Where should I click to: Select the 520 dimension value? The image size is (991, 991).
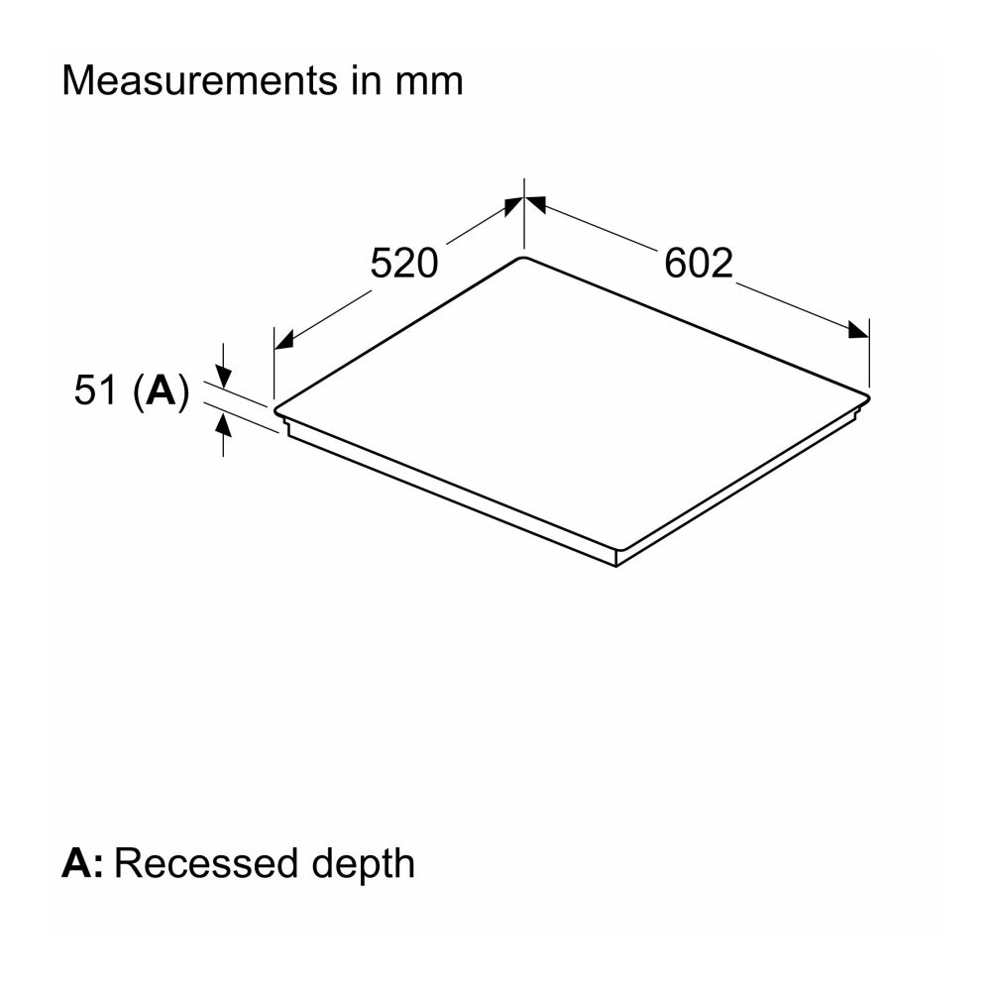pos(403,264)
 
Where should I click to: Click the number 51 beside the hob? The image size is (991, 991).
pos(97,390)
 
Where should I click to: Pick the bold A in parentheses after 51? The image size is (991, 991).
pos(160,390)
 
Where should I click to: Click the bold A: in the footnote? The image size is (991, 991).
pos(81,863)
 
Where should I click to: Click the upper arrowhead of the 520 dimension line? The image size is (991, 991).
pos(511,205)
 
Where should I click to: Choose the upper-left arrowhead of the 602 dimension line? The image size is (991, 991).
pos(536,205)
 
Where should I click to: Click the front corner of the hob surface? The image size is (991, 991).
pos(616,551)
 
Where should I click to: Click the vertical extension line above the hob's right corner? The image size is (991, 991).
pos(869,353)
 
